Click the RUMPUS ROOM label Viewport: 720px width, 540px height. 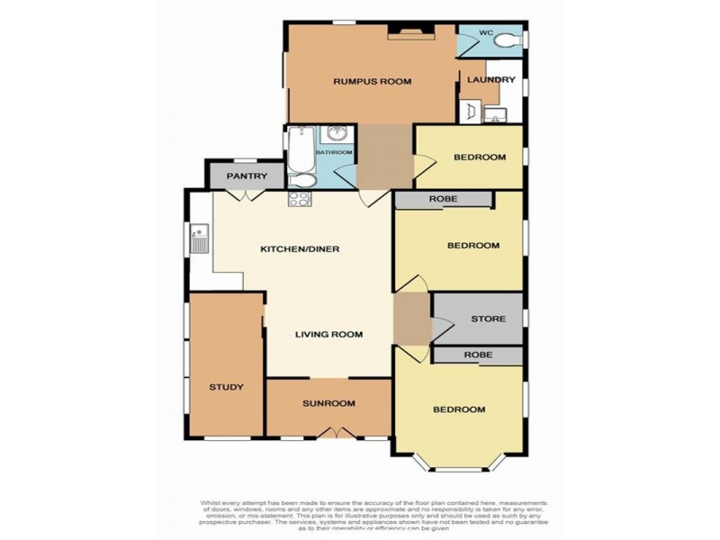point(372,82)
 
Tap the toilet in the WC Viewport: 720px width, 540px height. point(509,40)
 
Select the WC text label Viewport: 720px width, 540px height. point(486,33)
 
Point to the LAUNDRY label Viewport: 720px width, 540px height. point(491,80)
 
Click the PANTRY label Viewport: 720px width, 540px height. point(242,175)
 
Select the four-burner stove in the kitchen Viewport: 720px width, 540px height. point(299,200)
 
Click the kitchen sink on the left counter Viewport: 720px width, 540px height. point(199,239)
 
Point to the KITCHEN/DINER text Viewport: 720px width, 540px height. point(300,249)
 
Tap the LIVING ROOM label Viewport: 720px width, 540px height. point(329,334)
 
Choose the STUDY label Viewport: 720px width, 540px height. point(227,388)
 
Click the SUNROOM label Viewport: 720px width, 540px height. point(328,403)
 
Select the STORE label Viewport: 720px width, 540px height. point(488,319)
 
